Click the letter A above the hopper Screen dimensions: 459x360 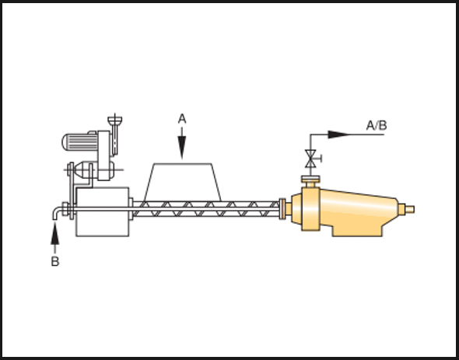[x=182, y=120]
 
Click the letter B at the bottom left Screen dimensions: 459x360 [x=55, y=261]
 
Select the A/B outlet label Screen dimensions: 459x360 [x=377, y=125]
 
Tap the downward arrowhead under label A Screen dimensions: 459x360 [x=182, y=148]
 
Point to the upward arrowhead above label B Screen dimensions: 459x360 [x=55, y=233]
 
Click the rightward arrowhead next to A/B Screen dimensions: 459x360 [x=339, y=135]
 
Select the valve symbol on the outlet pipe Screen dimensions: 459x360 [x=311, y=159]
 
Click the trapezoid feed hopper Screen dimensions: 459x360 [x=183, y=182]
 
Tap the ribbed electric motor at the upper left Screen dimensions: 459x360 [x=79, y=142]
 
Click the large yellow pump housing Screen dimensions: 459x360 [x=345, y=209]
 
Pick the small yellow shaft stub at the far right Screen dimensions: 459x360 [x=409, y=209]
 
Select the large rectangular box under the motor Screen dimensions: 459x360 [x=103, y=211]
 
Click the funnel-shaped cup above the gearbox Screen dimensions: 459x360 [x=115, y=120]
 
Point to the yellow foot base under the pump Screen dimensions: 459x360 [x=357, y=231]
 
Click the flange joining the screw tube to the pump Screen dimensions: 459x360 [x=282, y=208]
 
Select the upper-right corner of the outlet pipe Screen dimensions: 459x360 [x=310, y=135]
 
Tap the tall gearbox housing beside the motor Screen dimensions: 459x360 [x=104, y=156]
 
